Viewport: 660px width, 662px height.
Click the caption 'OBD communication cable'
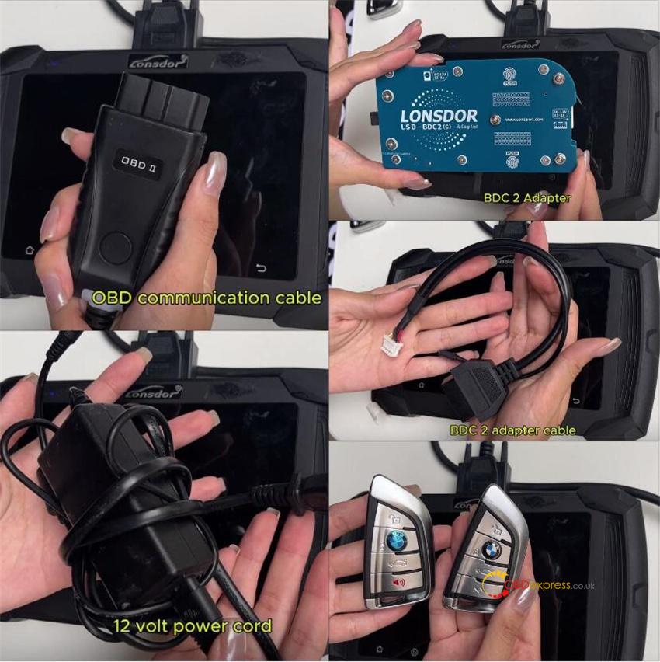[x=206, y=297]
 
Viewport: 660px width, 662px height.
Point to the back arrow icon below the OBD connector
[x=261, y=269]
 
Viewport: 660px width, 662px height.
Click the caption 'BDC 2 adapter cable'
[x=512, y=430]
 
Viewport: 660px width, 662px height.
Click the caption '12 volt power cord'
[x=192, y=625]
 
